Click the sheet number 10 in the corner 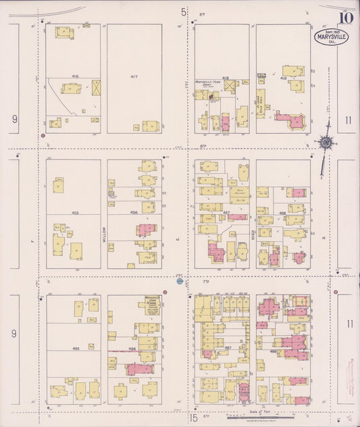tap(346, 18)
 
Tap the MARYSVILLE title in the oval tap(331, 36)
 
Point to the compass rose tap(326, 143)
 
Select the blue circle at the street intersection tap(180, 281)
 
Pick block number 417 tap(134, 77)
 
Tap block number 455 tap(76, 213)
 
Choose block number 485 tap(76, 348)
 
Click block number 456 tap(134, 213)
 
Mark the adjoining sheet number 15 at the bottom tap(193, 418)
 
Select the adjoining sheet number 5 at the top tap(184, 11)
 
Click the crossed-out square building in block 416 tap(96, 87)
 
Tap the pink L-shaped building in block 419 tap(290, 120)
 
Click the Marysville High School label tap(151, 304)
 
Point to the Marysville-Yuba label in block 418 tap(209, 84)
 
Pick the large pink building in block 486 tap(139, 369)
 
